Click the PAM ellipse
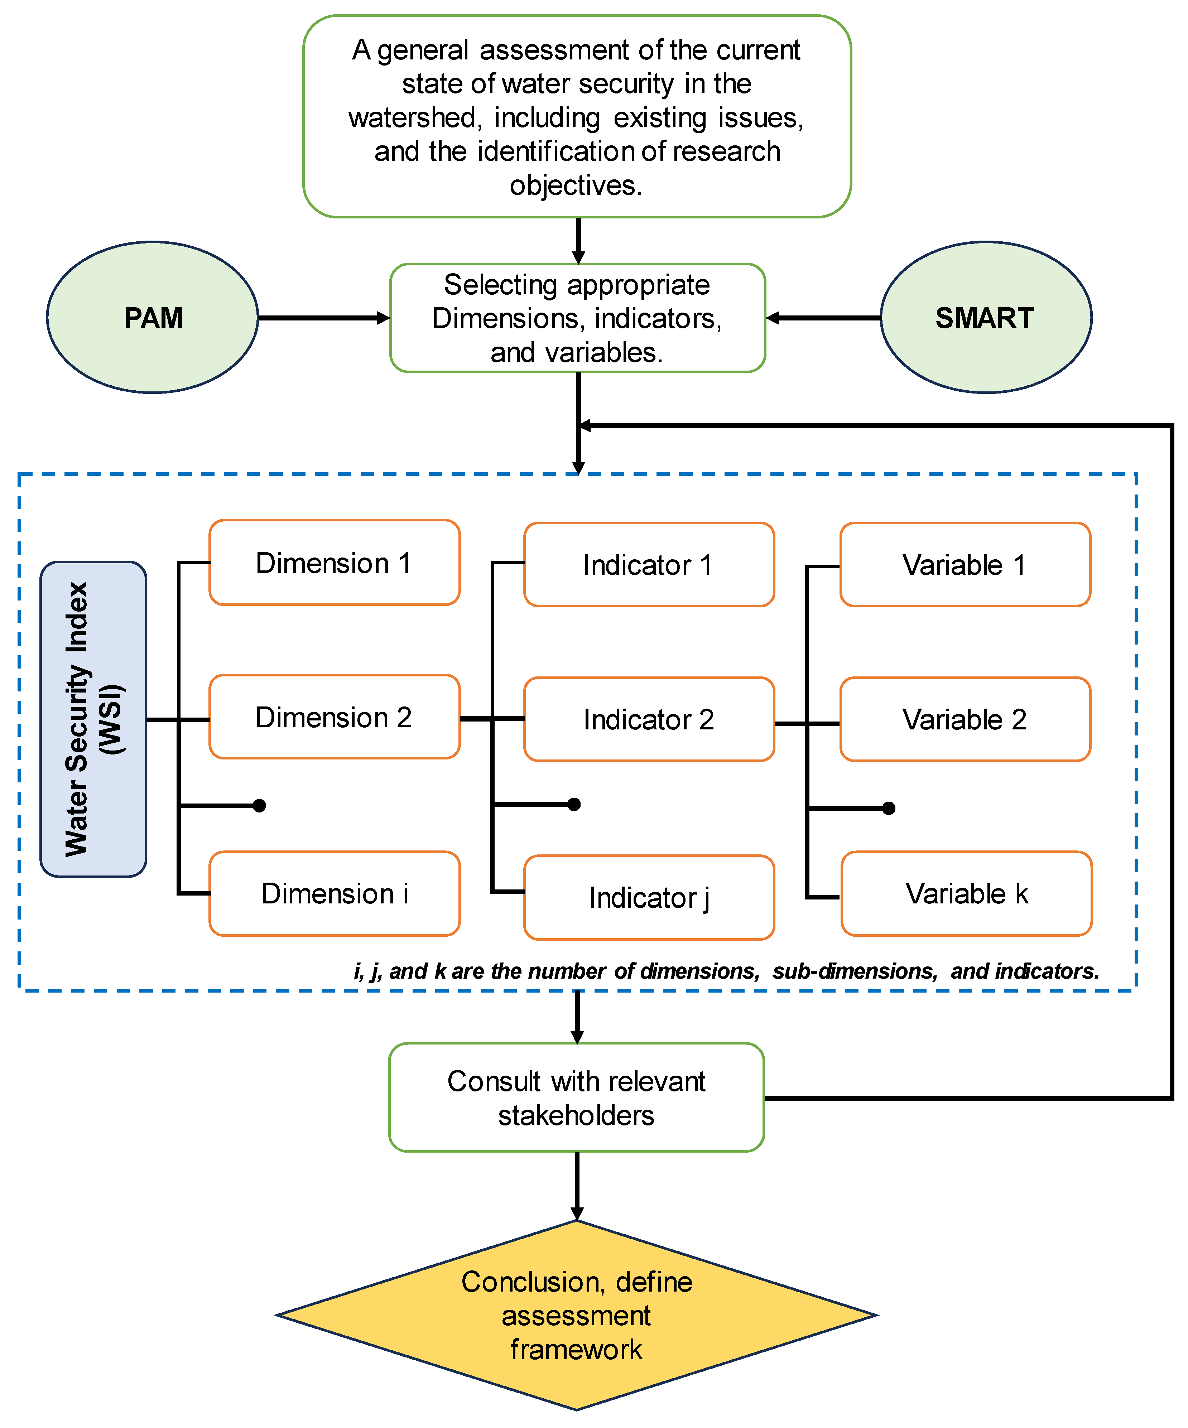152,318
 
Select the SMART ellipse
985,318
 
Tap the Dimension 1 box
334,563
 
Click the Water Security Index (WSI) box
93,719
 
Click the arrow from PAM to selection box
323,318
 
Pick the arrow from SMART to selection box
823,318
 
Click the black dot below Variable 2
889,808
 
